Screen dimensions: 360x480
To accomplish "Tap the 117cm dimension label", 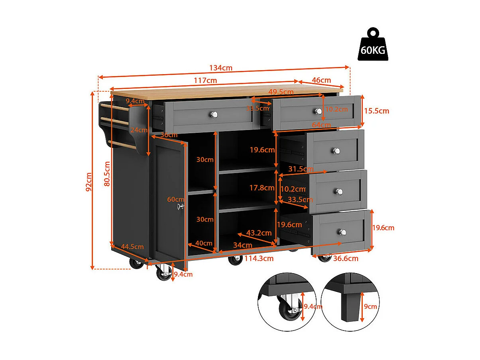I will click(x=205, y=80).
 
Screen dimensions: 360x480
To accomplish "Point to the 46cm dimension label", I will click(x=321, y=80).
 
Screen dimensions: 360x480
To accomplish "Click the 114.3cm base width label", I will click(x=259, y=258).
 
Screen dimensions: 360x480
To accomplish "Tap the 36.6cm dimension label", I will click(x=346, y=258).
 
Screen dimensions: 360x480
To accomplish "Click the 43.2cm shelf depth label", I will click(x=259, y=233).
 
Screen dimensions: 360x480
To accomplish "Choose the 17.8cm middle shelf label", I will click(x=262, y=188).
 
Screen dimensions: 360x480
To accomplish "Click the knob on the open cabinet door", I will click(x=180, y=206).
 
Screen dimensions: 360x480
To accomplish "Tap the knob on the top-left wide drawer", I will click(x=214, y=115).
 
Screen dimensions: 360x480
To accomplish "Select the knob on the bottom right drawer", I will click(x=342, y=232).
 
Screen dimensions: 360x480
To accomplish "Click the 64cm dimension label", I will click(x=321, y=125).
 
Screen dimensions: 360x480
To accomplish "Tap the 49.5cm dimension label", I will click(x=281, y=92).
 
